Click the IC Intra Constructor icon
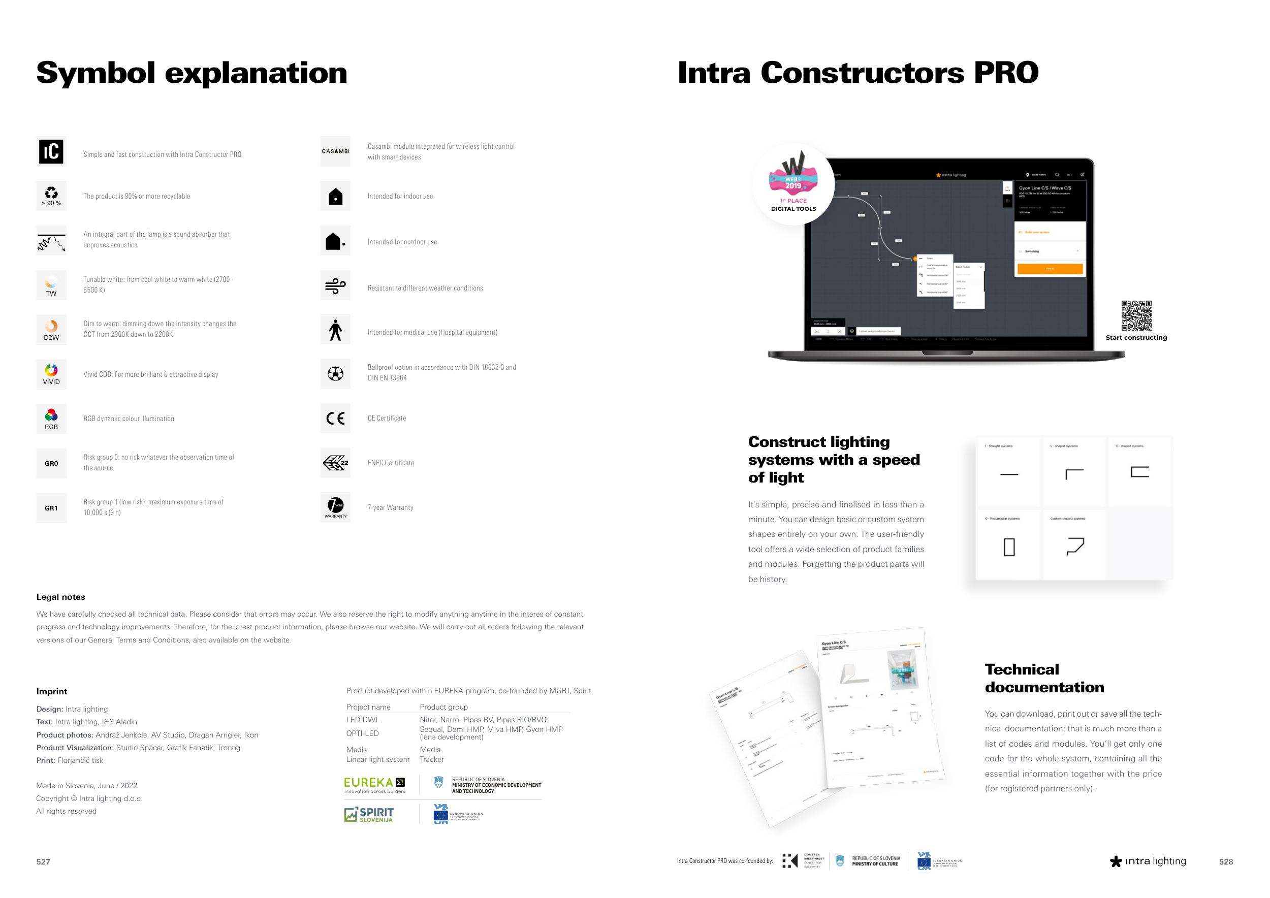(51, 151)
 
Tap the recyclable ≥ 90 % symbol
(51, 196)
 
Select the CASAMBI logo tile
(335, 151)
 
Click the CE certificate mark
(335, 418)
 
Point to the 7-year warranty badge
(335, 507)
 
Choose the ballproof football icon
(335, 374)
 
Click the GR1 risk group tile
(51, 507)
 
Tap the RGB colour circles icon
(51, 419)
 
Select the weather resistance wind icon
(335, 285)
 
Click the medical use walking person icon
(335, 330)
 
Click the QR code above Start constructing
(1136, 315)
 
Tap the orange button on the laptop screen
(1050, 269)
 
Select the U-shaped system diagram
(1139, 472)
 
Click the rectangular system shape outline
(1009, 547)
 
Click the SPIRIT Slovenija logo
(369, 814)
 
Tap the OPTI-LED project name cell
(362, 733)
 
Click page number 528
(1226, 861)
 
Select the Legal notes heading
(61, 597)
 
